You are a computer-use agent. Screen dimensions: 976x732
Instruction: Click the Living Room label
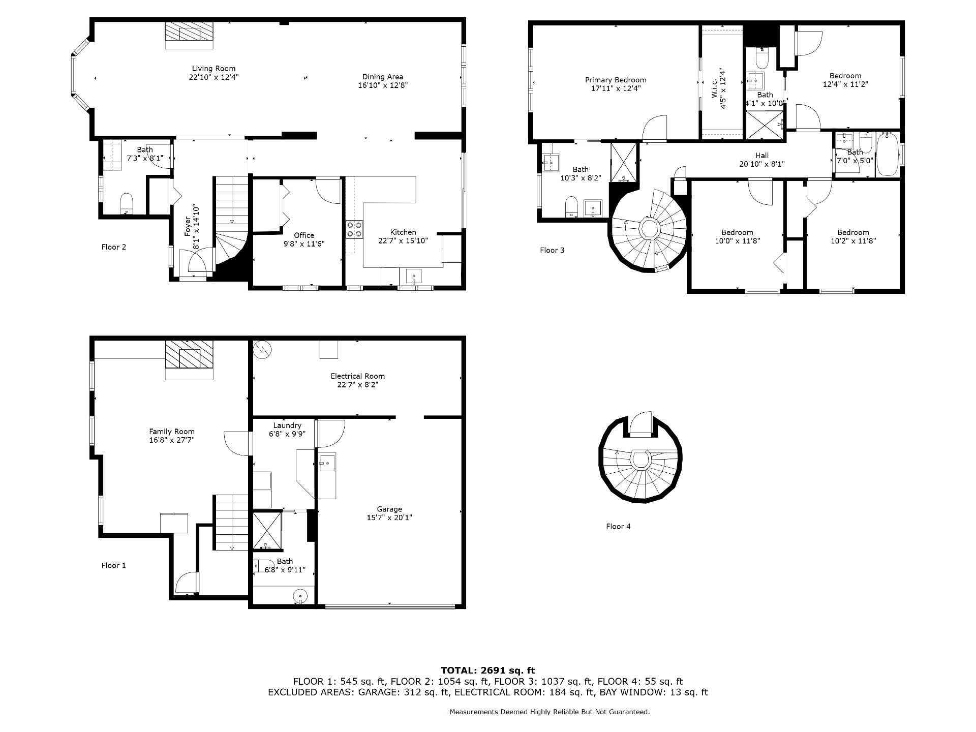click(x=213, y=69)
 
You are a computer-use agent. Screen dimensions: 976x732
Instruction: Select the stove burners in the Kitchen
click(x=355, y=229)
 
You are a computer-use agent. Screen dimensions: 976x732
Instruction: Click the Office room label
click(x=304, y=235)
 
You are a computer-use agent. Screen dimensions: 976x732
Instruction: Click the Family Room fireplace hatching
click(x=189, y=354)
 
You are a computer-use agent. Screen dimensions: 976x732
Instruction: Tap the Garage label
click(x=389, y=509)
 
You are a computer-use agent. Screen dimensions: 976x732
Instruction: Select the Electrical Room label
click(x=357, y=376)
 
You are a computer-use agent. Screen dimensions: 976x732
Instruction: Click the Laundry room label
click(x=287, y=425)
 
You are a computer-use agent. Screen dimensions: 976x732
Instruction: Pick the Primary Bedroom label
click(x=616, y=80)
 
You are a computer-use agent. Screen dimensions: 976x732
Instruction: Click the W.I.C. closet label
click(x=714, y=90)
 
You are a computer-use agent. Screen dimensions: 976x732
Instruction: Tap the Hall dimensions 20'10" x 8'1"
click(x=762, y=164)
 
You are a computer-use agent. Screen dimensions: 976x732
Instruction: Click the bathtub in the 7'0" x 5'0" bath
click(x=887, y=154)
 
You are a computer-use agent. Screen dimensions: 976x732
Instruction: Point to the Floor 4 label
click(x=618, y=527)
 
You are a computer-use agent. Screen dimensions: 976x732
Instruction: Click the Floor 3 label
click(x=552, y=250)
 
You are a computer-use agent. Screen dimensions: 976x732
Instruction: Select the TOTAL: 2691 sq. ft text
click(x=487, y=670)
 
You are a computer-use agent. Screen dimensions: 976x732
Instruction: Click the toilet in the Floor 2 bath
click(x=126, y=204)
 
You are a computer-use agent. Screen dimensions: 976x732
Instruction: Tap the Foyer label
click(x=188, y=227)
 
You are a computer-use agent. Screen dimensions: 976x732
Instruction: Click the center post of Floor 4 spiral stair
click(x=640, y=460)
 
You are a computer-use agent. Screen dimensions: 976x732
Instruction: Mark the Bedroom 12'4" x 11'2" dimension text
click(x=845, y=85)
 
